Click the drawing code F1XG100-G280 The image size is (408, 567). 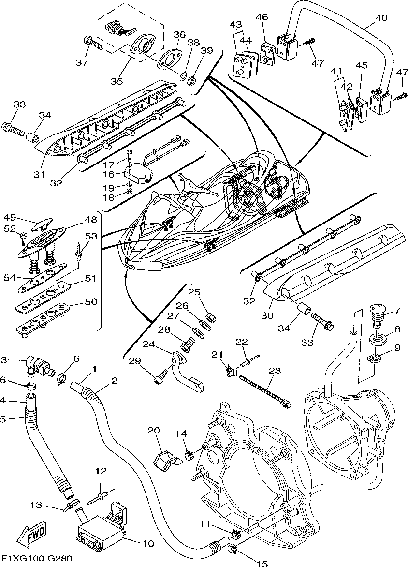(x=36, y=559)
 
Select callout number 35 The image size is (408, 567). (x=117, y=81)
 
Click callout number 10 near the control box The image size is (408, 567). (x=147, y=543)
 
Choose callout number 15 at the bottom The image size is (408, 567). (x=262, y=563)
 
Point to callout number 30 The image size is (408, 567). (x=267, y=315)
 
